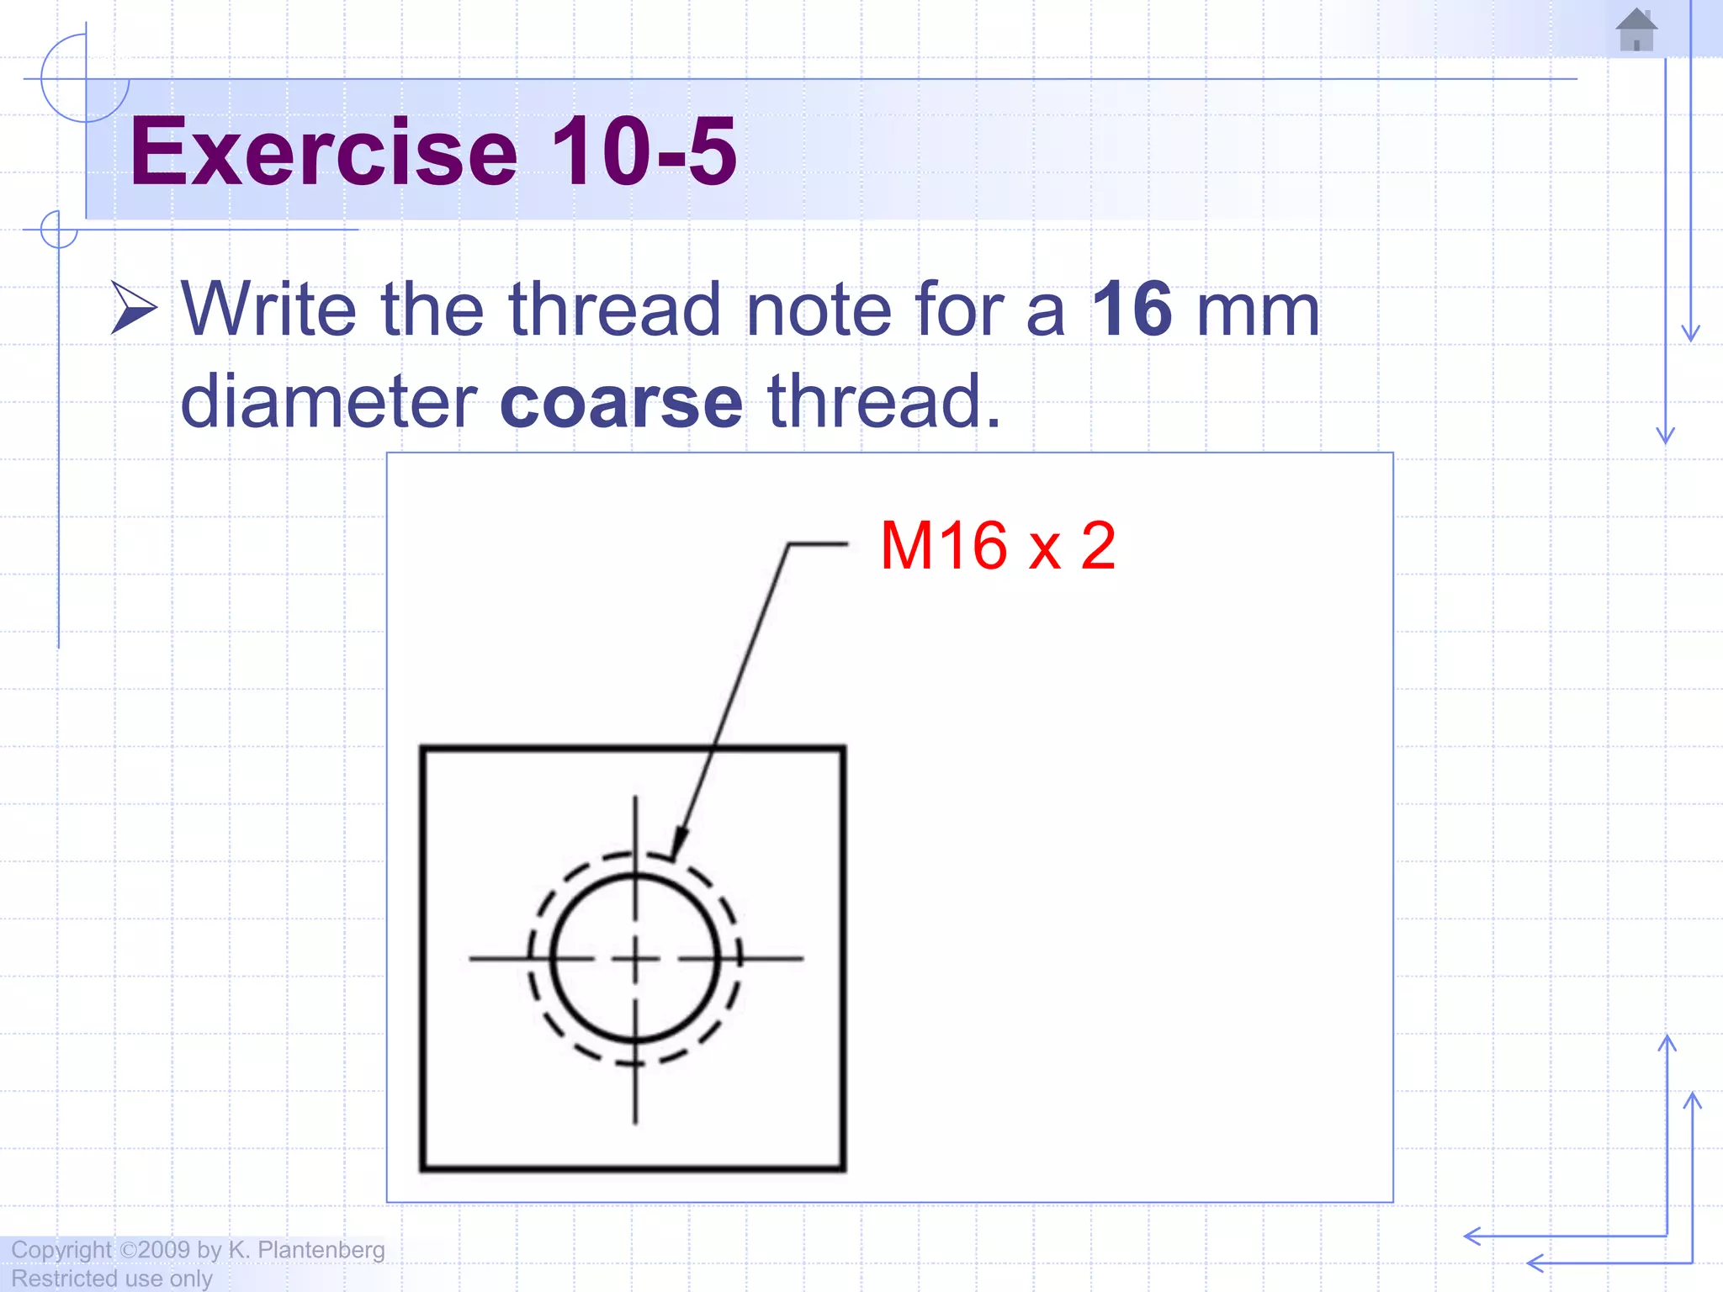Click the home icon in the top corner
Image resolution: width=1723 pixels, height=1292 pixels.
pos(1636,30)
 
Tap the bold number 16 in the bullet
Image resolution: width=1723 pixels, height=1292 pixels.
pos(1132,310)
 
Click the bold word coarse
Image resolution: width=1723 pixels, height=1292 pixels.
pos(621,402)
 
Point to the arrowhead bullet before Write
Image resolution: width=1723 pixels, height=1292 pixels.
pos(133,309)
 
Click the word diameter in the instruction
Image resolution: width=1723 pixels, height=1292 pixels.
pos(329,401)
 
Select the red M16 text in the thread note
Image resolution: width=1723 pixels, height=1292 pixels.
pos(943,546)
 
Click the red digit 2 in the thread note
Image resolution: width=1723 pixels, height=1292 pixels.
pos(1098,546)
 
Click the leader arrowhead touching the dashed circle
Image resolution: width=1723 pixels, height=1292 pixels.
pos(678,844)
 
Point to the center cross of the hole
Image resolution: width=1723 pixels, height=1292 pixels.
pos(635,958)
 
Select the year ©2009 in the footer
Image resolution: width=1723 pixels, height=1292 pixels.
pos(156,1250)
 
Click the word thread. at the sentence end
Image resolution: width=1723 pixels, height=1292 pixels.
pos(884,401)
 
